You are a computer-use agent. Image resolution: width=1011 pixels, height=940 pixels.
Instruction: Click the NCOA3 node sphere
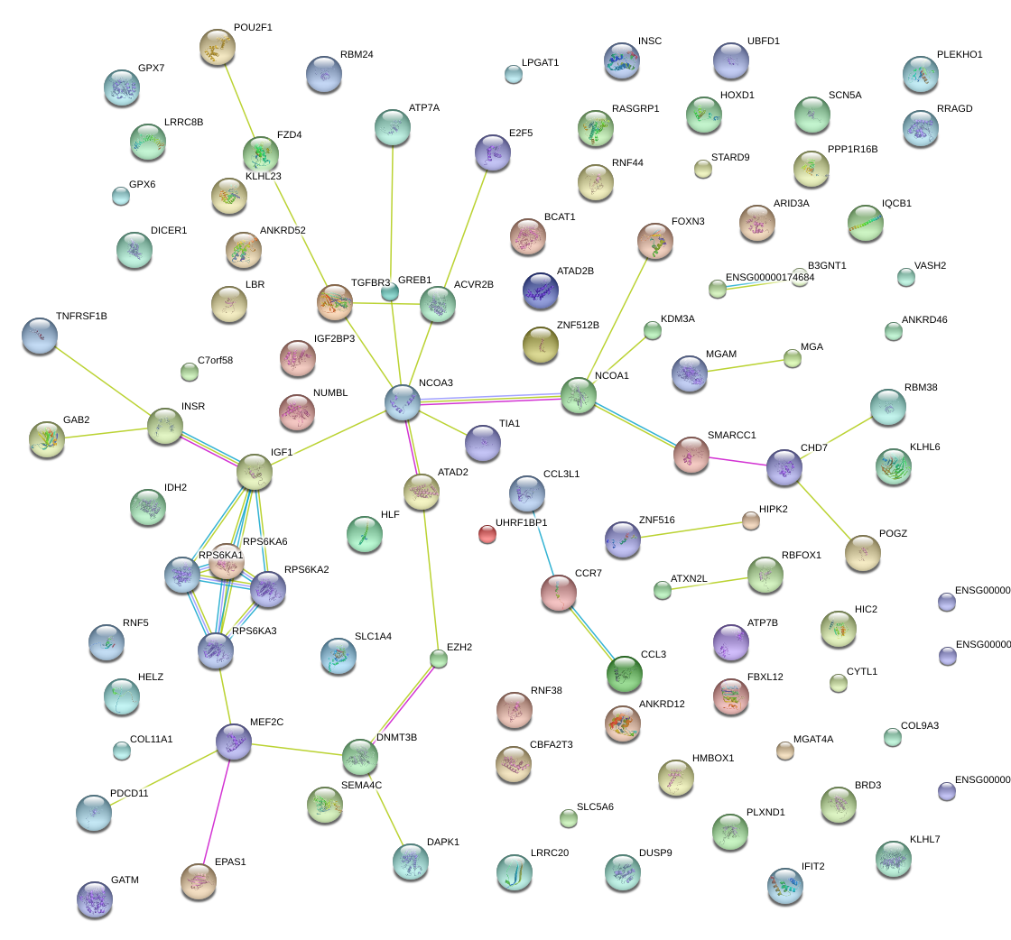point(403,402)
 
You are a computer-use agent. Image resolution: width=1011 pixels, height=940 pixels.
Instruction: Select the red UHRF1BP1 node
point(487,534)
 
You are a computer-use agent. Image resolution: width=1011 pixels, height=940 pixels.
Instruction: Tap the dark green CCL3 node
point(625,673)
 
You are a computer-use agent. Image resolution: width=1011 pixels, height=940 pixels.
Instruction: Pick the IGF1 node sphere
point(255,471)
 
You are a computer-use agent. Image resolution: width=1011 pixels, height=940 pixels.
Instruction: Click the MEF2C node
point(235,741)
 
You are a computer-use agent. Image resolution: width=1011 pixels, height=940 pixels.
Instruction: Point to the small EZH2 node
point(439,659)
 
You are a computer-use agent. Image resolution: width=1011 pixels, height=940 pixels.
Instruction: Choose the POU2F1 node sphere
point(217,46)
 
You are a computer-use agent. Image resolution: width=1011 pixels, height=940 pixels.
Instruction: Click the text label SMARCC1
point(732,435)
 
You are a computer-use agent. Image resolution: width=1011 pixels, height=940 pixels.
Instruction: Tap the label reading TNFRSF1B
point(81,316)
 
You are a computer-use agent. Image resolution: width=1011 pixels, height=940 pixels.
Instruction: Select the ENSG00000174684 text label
point(770,277)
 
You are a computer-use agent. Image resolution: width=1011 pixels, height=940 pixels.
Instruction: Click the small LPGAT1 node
point(514,74)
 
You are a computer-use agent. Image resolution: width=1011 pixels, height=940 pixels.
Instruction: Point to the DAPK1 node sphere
point(411,861)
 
